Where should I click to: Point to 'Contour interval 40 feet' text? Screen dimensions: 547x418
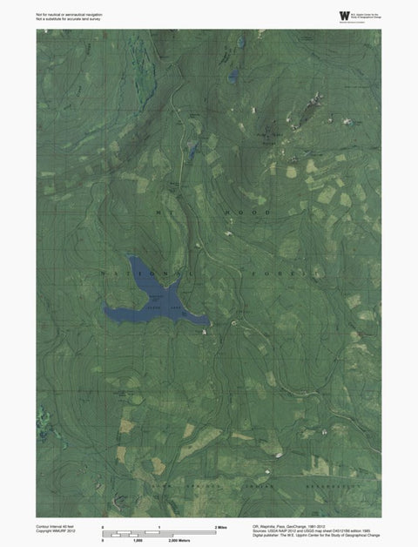(x=55, y=527)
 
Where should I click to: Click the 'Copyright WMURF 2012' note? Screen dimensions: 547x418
(x=54, y=533)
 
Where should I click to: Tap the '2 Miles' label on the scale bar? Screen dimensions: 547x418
(x=221, y=528)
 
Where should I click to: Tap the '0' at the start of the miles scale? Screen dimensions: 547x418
(x=104, y=528)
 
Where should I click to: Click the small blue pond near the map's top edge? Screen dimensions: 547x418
(x=233, y=77)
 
